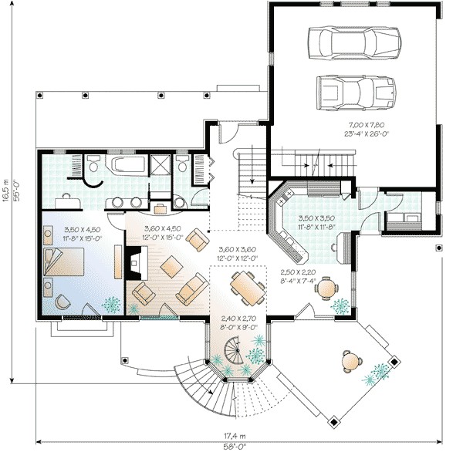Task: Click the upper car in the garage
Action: click(x=354, y=43)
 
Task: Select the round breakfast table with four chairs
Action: click(x=328, y=288)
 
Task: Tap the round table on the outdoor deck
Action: click(x=352, y=359)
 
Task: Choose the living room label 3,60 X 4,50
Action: click(x=163, y=230)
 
